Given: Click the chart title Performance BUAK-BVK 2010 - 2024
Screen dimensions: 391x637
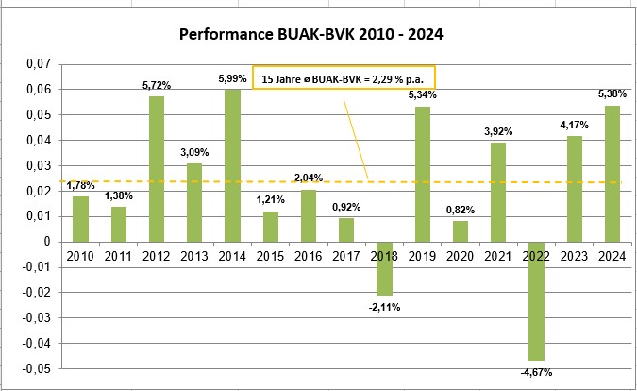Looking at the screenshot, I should point(311,35).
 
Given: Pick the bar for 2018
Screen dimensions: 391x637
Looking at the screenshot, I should point(385,268).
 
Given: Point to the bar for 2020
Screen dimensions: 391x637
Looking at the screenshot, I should point(461,230).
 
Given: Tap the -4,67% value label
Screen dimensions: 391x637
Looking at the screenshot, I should point(539,372).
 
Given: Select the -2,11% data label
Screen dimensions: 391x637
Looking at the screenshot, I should point(385,305).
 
